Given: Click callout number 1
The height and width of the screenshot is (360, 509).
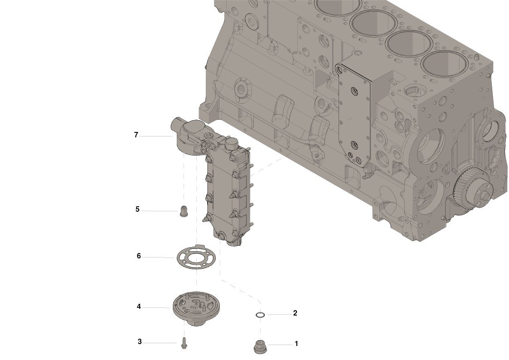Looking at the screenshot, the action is (x=296, y=343).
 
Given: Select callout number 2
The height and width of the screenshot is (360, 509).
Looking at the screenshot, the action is (x=295, y=313).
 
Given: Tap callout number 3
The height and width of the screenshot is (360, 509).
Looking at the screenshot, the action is (x=140, y=341).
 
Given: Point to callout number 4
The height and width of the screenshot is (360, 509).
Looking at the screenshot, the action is (x=139, y=306).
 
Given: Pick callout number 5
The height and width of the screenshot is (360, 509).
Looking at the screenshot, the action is (x=137, y=209).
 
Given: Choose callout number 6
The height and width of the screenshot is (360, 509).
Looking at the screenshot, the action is (x=139, y=256).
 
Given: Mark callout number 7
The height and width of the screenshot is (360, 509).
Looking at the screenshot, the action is (x=136, y=135).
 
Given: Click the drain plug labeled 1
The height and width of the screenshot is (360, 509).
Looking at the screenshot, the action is (x=259, y=346).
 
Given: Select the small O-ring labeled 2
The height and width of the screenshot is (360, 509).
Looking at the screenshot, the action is (x=260, y=315).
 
